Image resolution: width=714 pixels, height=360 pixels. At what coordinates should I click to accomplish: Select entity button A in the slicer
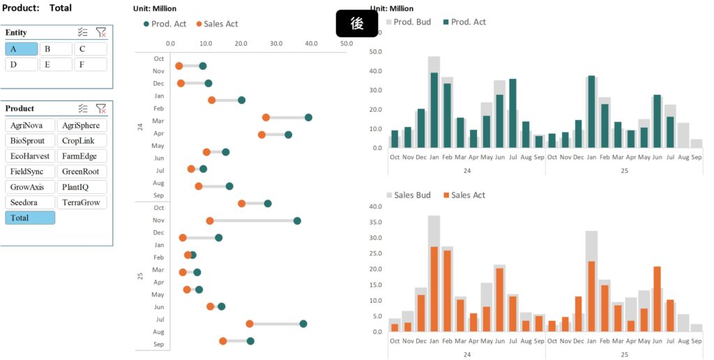tap(21, 49)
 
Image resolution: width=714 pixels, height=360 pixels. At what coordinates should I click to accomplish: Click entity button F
tap(91, 64)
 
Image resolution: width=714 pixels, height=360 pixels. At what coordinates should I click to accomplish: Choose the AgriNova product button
tap(30, 126)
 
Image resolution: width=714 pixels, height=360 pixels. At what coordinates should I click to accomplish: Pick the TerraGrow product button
tap(82, 202)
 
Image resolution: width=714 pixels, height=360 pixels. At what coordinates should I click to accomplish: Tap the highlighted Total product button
tap(30, 218)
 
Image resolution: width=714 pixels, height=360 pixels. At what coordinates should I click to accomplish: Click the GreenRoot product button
tap(82, 172)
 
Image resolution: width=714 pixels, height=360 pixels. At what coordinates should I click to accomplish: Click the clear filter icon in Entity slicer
tap(101, 33)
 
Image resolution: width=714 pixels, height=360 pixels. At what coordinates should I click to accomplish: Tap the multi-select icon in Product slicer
tap(83, 109)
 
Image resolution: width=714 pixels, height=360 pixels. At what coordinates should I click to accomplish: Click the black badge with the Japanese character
tap(356, 23)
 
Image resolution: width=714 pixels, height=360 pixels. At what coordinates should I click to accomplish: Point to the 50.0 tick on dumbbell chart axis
tap(347, 43)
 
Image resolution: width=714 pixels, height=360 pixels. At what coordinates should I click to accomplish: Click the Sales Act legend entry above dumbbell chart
tap(217, 24)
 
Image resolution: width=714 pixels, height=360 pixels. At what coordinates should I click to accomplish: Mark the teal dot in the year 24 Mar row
tap(308, 117)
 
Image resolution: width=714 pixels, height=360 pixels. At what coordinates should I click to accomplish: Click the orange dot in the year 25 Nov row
tap(210, 221)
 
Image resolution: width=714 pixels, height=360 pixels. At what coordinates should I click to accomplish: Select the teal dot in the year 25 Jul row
tap(303, 324)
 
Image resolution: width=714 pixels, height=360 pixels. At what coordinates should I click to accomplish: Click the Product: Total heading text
tap(37, 8)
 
